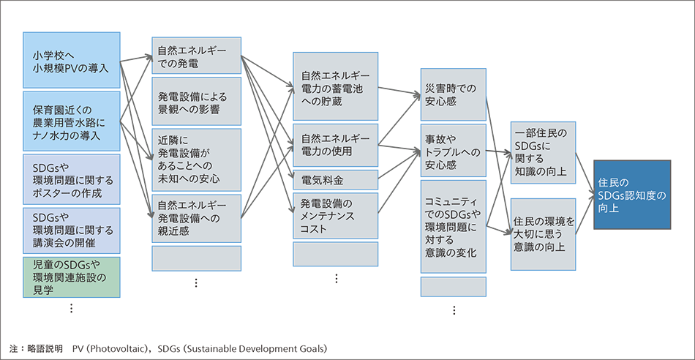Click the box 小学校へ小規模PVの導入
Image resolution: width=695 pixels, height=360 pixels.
tap(71, 60)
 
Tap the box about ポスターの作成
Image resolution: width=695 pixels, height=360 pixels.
tap(71, 178)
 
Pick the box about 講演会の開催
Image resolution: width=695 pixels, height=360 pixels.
tap(71, 228)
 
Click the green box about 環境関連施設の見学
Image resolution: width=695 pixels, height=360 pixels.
tap(71, 276)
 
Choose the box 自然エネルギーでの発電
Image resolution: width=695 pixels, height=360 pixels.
tap(196, 56)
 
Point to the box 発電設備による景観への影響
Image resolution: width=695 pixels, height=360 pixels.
tap(196, 102)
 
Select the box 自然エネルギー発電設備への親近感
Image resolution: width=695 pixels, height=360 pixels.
tap(196, 218)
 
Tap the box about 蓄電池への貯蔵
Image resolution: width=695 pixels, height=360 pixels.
tap(335, 86)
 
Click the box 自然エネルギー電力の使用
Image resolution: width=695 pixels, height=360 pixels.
tap(335, 145)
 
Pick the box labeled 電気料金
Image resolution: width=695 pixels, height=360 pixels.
tap(335, 179)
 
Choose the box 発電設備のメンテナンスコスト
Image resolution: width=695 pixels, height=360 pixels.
tap(335, 216)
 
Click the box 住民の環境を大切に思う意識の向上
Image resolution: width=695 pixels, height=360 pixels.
tap(544, 233)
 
